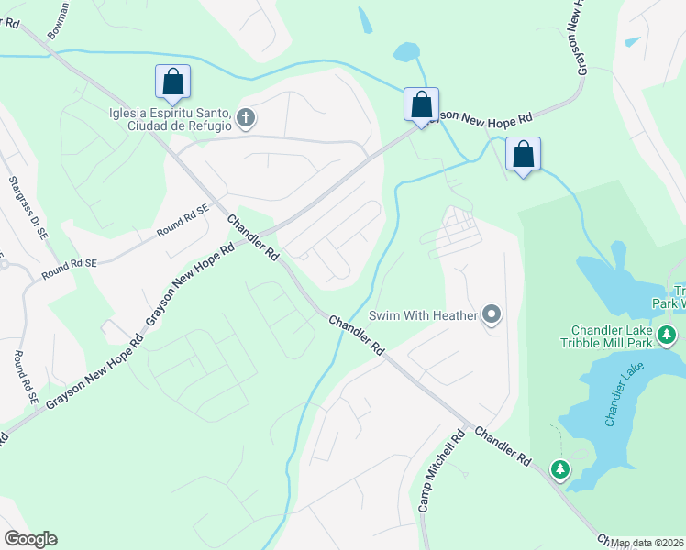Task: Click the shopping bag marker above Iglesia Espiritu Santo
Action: point(172,82)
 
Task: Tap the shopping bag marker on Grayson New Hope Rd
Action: point(421,104)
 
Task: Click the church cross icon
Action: point(245,116)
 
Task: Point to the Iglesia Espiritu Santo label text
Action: point(170,120)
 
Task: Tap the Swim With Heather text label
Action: point(423,315)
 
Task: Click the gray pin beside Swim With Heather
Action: point(492,315)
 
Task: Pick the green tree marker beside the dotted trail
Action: point(559,469)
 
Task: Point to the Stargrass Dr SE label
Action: point(24,205)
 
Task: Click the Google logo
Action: point(30,539)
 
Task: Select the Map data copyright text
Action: point(647,543)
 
